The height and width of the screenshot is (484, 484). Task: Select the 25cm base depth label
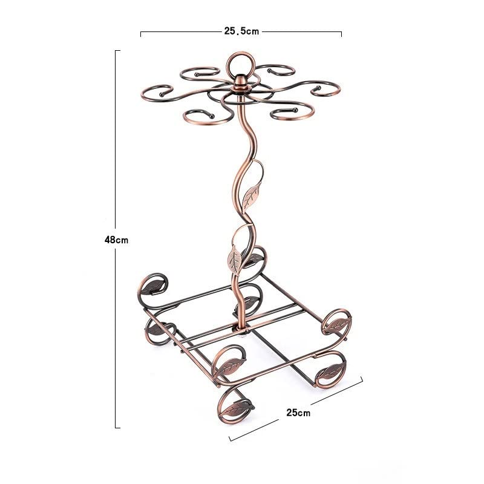pyautogui.click(x=298, y=413)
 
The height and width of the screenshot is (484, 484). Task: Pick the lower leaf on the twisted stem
pyautogui.click(x=235, y=259)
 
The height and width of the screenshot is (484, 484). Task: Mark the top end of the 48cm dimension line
pyautogui.click(x=117, y=50)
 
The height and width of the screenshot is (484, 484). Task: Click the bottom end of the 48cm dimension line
pyautogui.click(x=117, y=428)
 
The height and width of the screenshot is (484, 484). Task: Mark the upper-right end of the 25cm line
pyautogui.click(x=362, y=378)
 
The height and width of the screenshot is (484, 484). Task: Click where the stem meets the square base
pyautogui.click(x=241, y=327)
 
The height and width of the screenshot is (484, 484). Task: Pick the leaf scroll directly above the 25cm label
pyautogui.click(x=329, y=370)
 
